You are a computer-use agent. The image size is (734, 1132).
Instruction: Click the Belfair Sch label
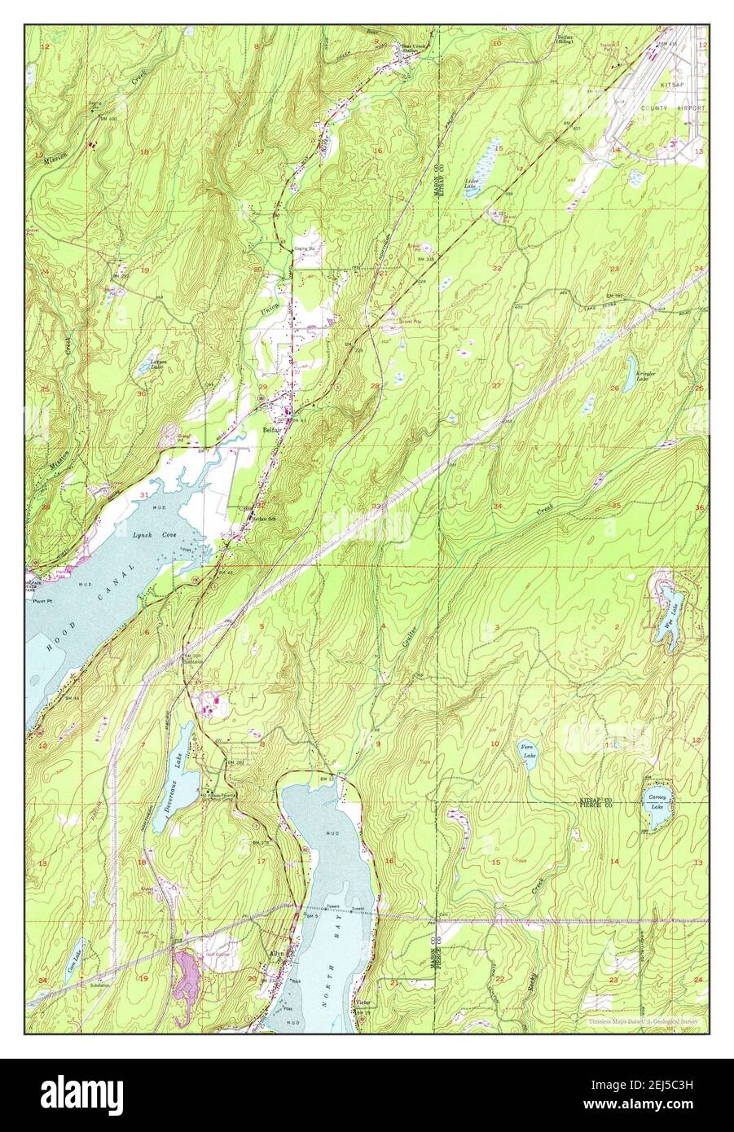coord(259,518)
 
